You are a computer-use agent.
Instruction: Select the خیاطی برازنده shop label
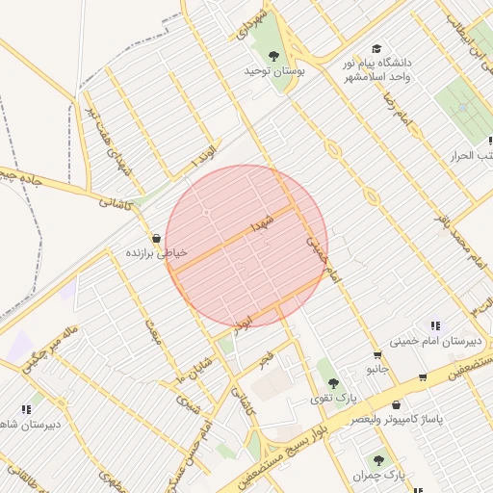click(x=156, y=253)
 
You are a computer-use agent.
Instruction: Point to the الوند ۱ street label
click(x=205, y=158)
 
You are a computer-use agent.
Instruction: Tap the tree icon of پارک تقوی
click(x=333, y=383)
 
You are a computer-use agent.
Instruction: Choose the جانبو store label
click(x=377, y=369)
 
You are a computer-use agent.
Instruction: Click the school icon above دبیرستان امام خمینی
click(x=435, y=325)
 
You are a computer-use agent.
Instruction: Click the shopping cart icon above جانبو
click(x=423, y=376)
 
